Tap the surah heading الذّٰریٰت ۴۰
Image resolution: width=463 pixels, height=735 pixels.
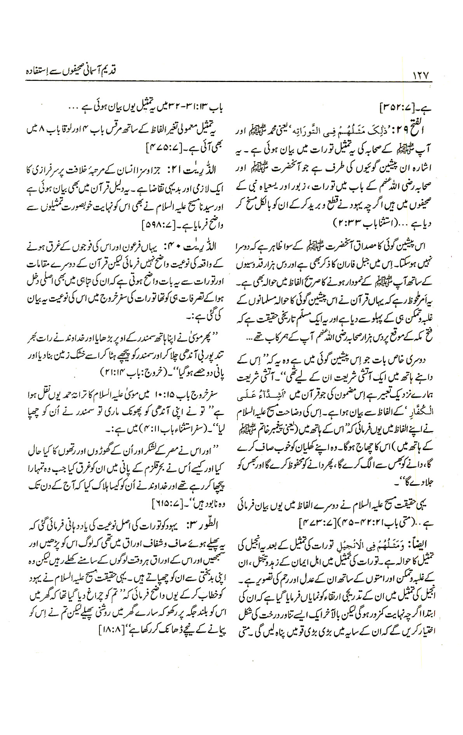(200, 246)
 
